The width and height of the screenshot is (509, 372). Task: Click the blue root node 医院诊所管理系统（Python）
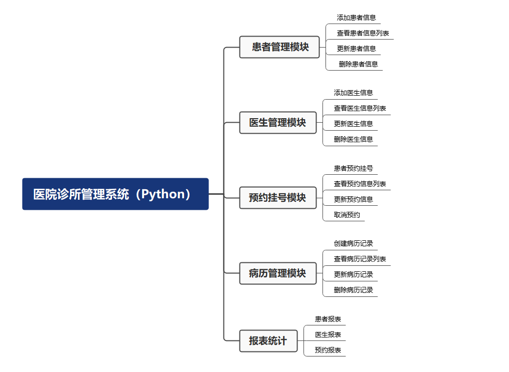pos(115,194)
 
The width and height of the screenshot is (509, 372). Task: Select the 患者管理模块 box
pos(279,47)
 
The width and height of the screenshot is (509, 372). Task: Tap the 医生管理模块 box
pos(278,123)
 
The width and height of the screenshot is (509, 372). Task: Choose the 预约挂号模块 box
pos(278,198)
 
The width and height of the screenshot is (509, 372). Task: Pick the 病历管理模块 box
pos(278,273)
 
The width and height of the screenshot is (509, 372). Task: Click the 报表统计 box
pos(268,341)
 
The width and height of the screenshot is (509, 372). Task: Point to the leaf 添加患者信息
pos(356,18)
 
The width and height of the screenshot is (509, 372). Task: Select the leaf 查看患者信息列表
pos(363,33)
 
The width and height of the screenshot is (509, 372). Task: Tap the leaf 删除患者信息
pos(358,64)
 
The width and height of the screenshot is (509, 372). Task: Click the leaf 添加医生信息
pos(353,93)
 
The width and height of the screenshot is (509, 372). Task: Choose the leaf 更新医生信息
pos(353,124)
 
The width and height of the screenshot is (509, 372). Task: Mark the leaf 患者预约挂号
pos(353,168)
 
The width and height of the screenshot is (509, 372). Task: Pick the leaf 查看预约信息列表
pos(360,184)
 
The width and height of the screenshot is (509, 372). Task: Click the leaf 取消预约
pos(347,215)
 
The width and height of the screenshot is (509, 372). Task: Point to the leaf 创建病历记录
pos(353,243)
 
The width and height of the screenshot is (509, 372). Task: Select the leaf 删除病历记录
pos(353,290)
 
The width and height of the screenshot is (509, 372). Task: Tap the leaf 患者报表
pos(328,319)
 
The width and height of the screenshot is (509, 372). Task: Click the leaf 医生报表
pos(328,334)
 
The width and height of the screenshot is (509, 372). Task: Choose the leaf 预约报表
pos(328,350)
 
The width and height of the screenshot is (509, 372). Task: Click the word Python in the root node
pos(162,194)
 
